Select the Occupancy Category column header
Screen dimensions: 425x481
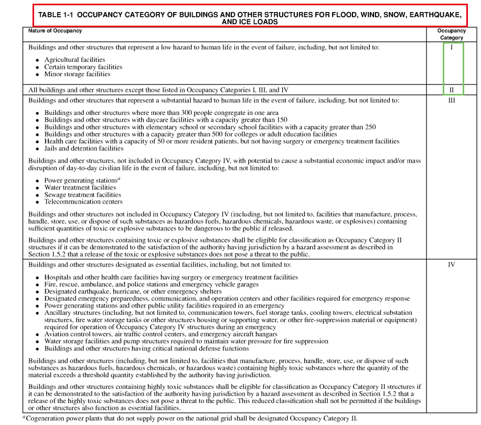pyautogui.click(x=451, y=34)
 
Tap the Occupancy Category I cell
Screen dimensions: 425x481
pyautogui.click(x=451, y=47)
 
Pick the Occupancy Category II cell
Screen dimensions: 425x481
pyautogui.click(x=451, y=90)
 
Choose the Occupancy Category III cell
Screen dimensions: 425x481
pyautogui.click(x=451, y=100)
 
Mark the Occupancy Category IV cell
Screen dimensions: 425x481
pyautogui.click(x=451, y=264)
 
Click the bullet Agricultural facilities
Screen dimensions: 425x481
pyautogui.click(x=74, y=60)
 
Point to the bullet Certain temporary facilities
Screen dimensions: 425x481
pyautogui.click(x=83, y=67)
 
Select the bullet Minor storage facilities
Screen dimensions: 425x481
pyautogui.click(x=77, y=75)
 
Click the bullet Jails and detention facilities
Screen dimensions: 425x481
pyautogui.click(x=84, y=148)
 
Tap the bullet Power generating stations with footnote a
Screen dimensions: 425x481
pyautogui.click(x=81, y=180)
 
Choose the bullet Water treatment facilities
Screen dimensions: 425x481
pyautogui.click(x=80, y=187)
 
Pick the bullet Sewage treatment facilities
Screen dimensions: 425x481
pyautogui.click(x=82, y=195)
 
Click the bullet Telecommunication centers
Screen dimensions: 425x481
pyautogui.click(x=83, y=201)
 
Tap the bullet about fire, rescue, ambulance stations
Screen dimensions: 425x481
pyautogui.click(x=151, y=284)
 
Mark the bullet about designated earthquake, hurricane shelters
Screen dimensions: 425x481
pyautogui.click(x=133, y=291)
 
